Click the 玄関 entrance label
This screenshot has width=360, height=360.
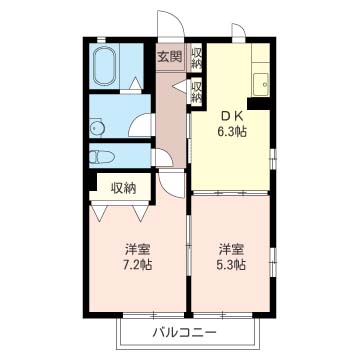170,57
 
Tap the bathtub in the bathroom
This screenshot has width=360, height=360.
105,66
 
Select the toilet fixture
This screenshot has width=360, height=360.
102,157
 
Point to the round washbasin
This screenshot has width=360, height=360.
97,128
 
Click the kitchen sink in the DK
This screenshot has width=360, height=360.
261,85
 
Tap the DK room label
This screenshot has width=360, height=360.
233,117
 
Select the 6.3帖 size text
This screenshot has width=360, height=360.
232,132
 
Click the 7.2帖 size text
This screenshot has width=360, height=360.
138,264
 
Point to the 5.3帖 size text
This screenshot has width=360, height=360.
232,264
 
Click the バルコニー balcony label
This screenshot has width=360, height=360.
184,332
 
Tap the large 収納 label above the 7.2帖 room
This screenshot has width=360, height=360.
123,189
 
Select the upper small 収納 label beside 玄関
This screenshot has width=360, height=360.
197,59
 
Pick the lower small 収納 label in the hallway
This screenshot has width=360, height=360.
197,92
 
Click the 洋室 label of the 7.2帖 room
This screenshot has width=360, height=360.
138,249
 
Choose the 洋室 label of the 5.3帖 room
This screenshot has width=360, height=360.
232,249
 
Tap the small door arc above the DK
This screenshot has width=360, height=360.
242,28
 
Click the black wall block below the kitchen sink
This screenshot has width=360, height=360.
259,103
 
